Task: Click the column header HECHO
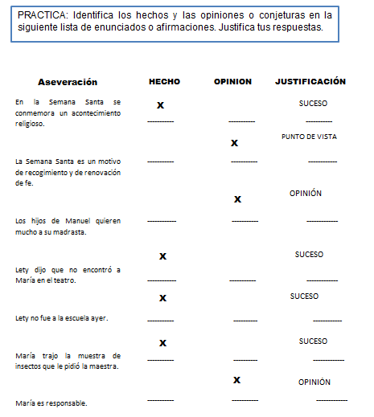164,81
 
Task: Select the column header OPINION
232,81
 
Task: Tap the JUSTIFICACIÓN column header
310,81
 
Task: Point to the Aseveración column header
68,82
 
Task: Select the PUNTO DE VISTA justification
309,137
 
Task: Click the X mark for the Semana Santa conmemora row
161,105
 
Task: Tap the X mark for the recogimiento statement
234,143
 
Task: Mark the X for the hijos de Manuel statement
237,198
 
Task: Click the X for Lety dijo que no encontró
162,256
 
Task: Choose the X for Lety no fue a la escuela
162,298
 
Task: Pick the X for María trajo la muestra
162,343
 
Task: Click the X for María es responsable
237,379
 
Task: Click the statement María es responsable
51,403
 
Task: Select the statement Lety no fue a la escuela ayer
61,318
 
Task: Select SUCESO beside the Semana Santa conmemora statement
313,104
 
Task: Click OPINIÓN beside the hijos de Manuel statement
306,194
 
